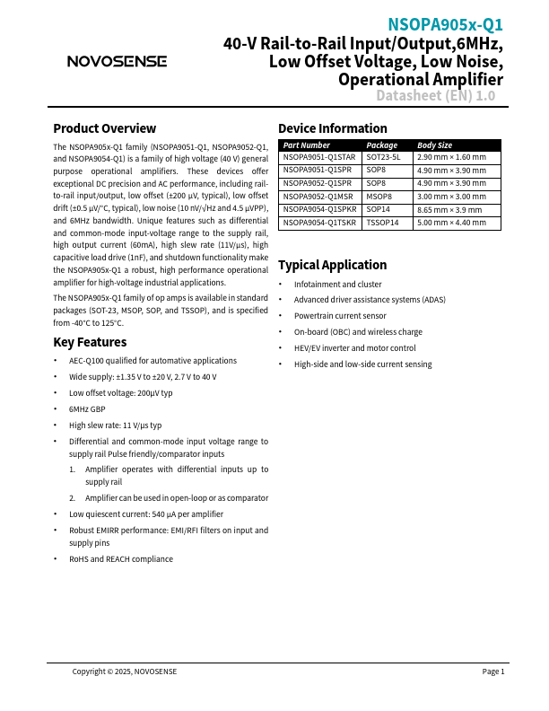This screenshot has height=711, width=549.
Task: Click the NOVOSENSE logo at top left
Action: [117, 61]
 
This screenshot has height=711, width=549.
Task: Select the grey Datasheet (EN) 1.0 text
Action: [435, 96]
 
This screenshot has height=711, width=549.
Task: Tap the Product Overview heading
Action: [104, 128]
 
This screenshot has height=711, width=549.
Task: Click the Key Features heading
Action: [90, 342]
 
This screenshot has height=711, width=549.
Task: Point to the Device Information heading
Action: [333, 128]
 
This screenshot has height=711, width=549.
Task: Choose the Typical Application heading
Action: [332, 265]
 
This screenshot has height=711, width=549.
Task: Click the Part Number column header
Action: [307, 145]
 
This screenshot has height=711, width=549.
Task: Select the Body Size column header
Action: [435, 145]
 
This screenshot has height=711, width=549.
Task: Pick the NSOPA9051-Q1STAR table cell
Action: [318, 157]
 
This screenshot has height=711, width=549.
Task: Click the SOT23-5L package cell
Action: [385, 157]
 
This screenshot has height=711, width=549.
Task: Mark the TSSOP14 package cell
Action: [383, 222]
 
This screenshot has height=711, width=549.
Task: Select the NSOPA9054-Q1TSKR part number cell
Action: [318, 222]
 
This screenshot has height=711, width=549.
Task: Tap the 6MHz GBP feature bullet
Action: [87, 408]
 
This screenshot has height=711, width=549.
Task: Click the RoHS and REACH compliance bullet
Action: [121, 558]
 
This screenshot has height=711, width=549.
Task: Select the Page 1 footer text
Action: [493, 671]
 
